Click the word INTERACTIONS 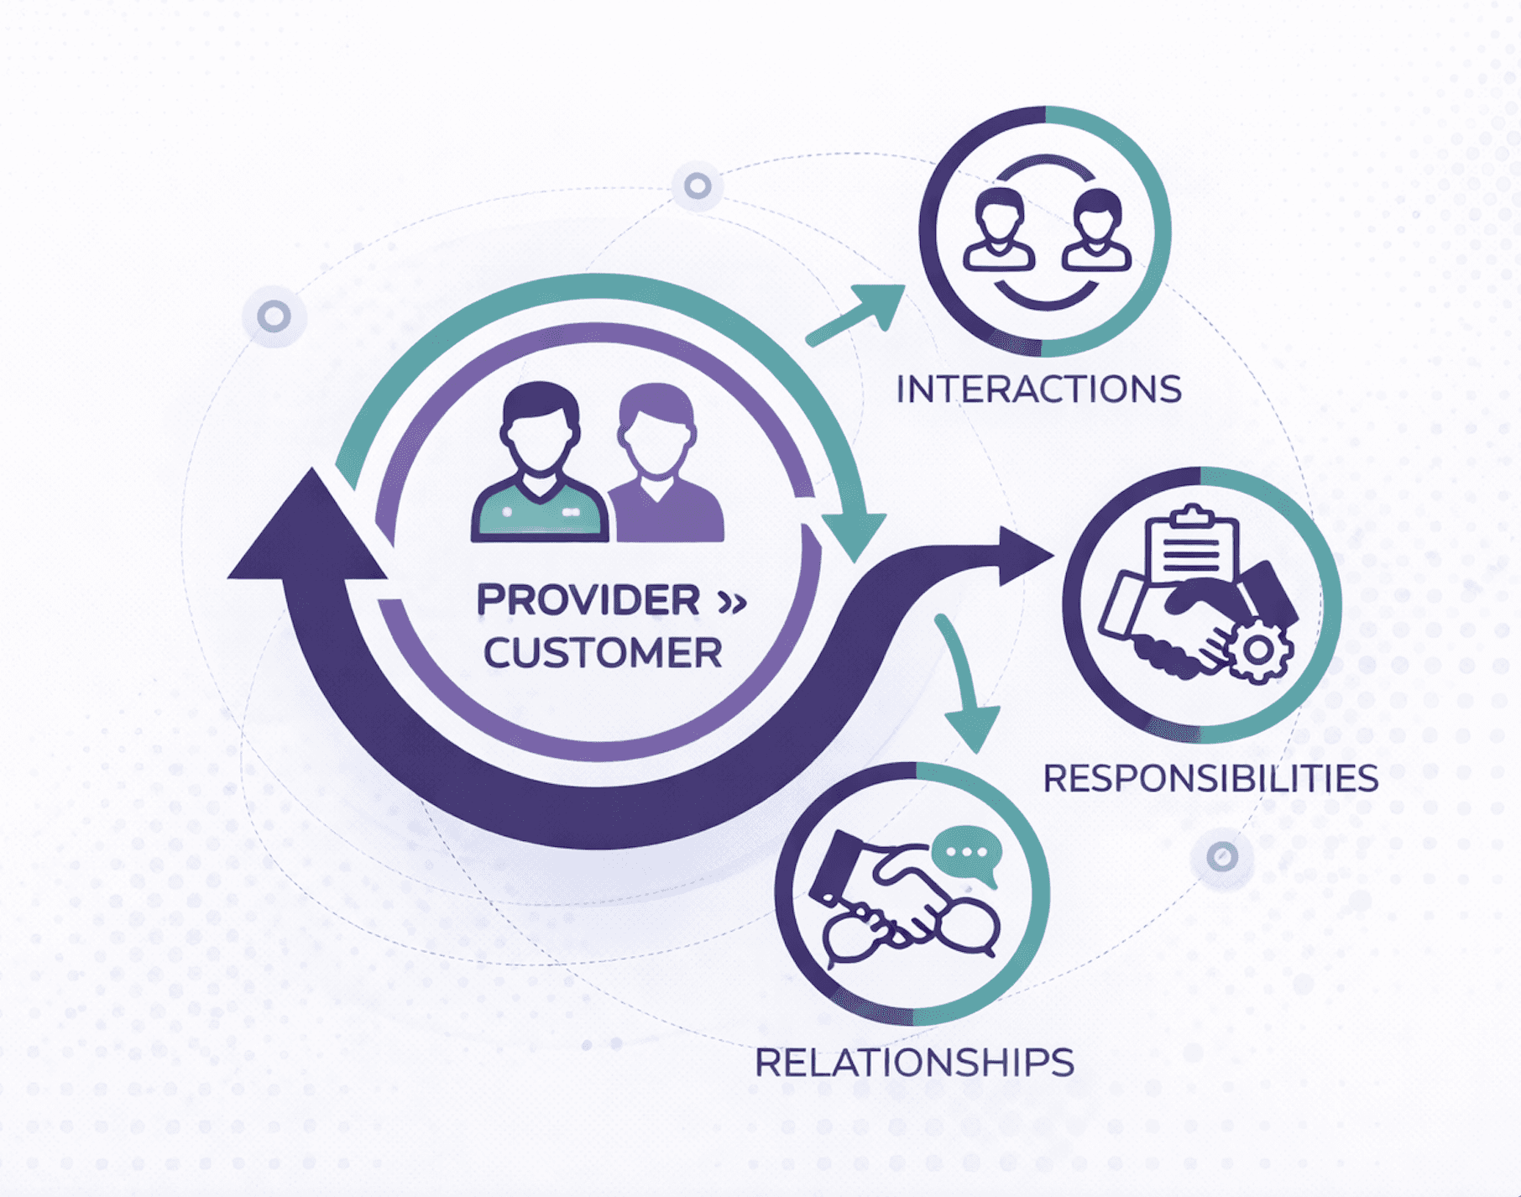[1038, 389]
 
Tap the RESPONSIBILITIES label [1210, 778]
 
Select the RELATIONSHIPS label [914, 1063]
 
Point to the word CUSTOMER [602, 653]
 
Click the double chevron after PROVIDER [732, 602]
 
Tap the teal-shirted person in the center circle [539, 470]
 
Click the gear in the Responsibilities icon [1257, 650]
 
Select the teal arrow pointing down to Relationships [965, 688]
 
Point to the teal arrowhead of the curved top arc [855, 534]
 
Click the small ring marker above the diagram [697, 186]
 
